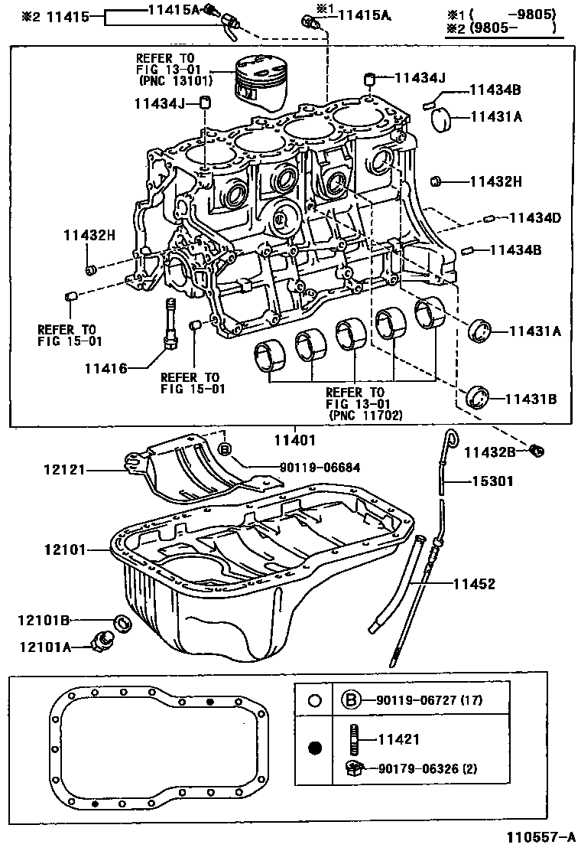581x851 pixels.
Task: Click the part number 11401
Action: click(294, 440)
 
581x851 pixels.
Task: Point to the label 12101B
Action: click(45, 619)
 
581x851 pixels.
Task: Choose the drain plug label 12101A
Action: click(45, 647)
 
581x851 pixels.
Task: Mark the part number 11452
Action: click(474, 584)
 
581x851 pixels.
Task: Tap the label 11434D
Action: click(532, 218)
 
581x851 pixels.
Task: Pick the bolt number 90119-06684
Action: click(309, 467)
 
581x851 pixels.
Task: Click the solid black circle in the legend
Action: click(314, 748)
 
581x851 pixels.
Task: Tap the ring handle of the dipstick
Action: click(451, 439)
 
